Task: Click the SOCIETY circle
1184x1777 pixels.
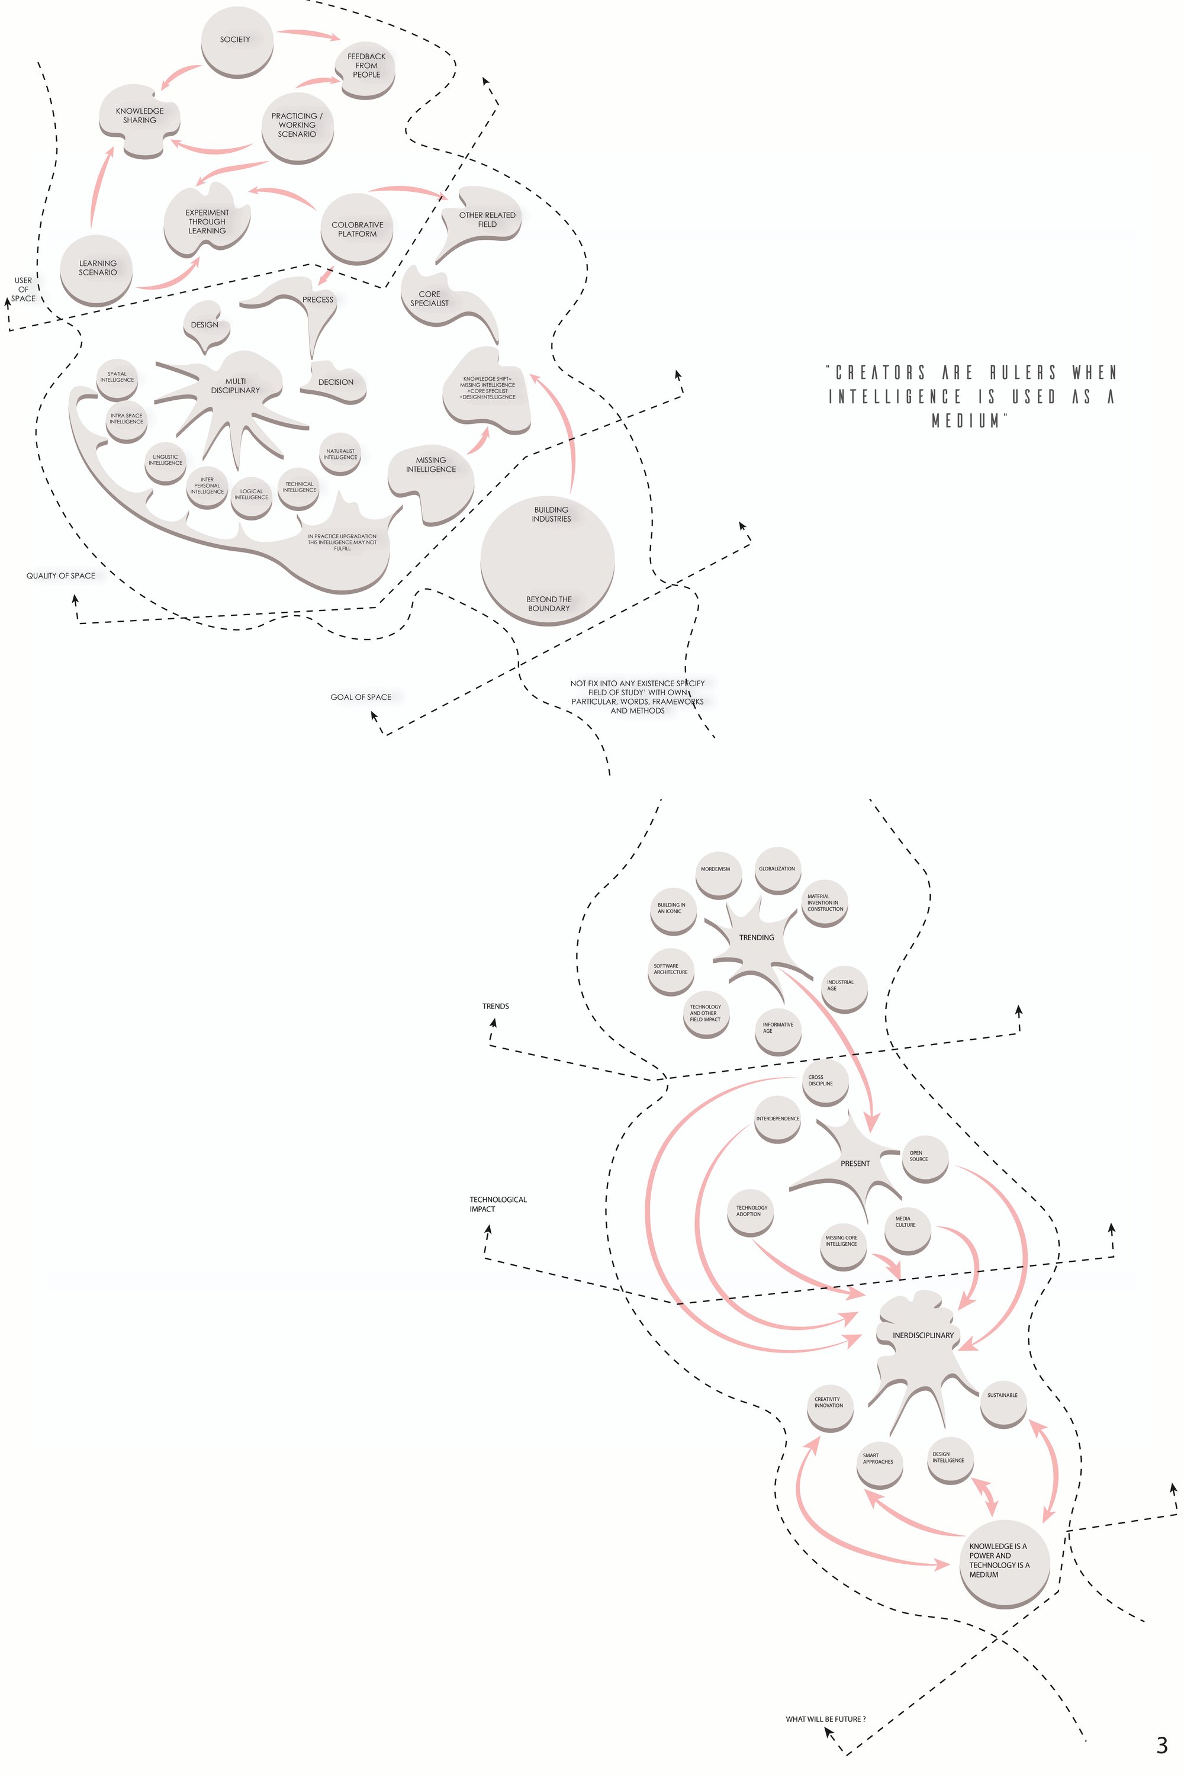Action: coord(236,41)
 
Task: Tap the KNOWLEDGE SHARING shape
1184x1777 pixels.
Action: coord(140,120)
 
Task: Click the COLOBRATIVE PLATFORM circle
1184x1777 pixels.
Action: coord(357,229)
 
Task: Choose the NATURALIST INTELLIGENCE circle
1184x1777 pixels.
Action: coord(340,454)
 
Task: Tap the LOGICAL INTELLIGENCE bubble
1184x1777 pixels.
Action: coord(252,497)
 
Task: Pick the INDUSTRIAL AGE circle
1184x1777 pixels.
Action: coord(844,988)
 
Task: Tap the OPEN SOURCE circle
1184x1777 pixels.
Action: coord(925,1158)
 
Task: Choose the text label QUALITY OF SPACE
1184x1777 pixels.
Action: coord(61,576)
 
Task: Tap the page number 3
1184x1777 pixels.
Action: coord(1162,1744)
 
